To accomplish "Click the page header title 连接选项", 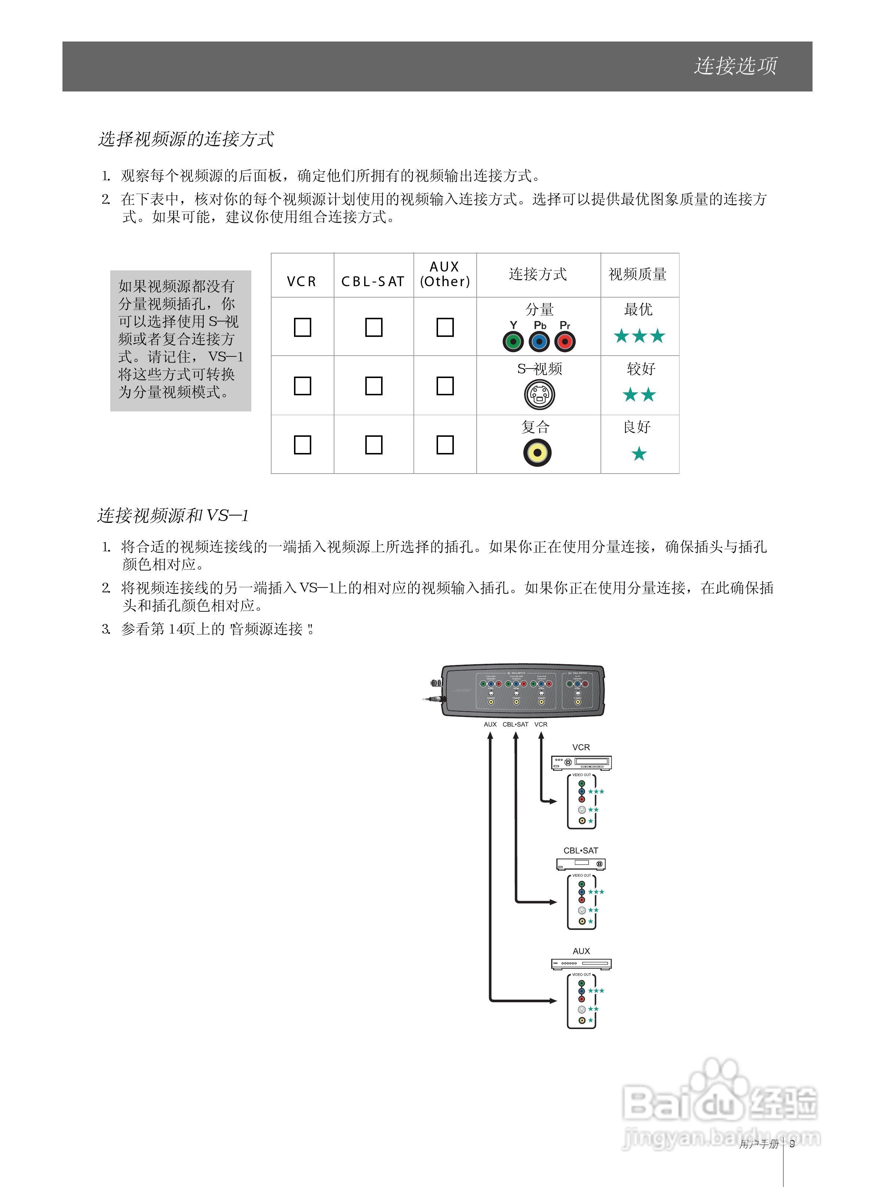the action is [x=735, y=66].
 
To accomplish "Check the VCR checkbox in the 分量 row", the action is [x=302, y=327].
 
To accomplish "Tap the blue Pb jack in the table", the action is [x=539, y=342].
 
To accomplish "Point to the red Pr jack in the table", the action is [x=564, y=342].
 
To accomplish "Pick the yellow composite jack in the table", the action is [x=537, y=453].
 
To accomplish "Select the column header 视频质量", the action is [x=637, y=274].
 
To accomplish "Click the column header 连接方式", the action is [x=538, y=274].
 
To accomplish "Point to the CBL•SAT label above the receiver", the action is [x=581, y=850].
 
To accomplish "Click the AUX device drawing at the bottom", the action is [x=581, y=964].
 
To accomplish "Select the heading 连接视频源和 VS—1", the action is [x=173, y=515].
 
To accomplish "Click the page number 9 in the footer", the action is [x=792, y=1144].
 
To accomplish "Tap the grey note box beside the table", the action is [x=180, y=341].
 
